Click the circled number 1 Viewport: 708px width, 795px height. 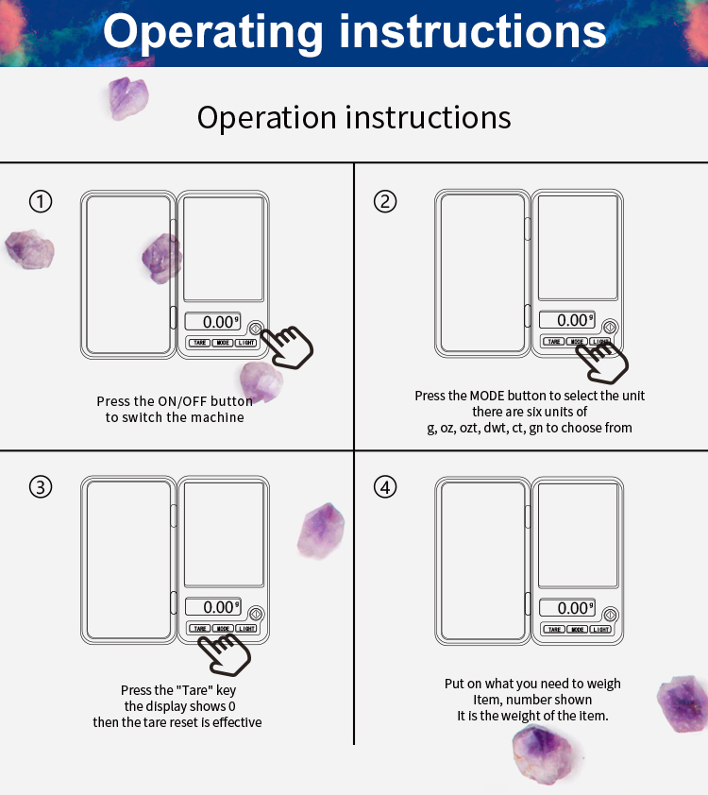(41, 201)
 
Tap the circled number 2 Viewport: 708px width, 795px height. (385, 201)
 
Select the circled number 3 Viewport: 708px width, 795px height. (41, 487)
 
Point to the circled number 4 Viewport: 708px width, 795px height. (385, 487)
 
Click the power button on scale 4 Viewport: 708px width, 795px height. (610, 615)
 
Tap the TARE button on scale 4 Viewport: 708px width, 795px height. (554, 629)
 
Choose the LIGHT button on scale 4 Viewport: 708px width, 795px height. (600, 629)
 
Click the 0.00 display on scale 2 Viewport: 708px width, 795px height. (567, 320)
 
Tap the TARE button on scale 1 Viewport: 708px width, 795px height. (200, 343)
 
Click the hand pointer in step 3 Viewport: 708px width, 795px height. (225, 654)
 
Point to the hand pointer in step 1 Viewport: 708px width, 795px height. (287, 347)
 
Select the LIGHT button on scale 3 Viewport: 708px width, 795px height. (246, 628)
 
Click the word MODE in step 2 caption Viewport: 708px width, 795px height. (487, 396)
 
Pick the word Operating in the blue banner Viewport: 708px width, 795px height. (212, 31)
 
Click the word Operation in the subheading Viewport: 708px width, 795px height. (266, 118)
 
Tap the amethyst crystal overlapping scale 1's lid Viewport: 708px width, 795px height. (161, 259)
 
